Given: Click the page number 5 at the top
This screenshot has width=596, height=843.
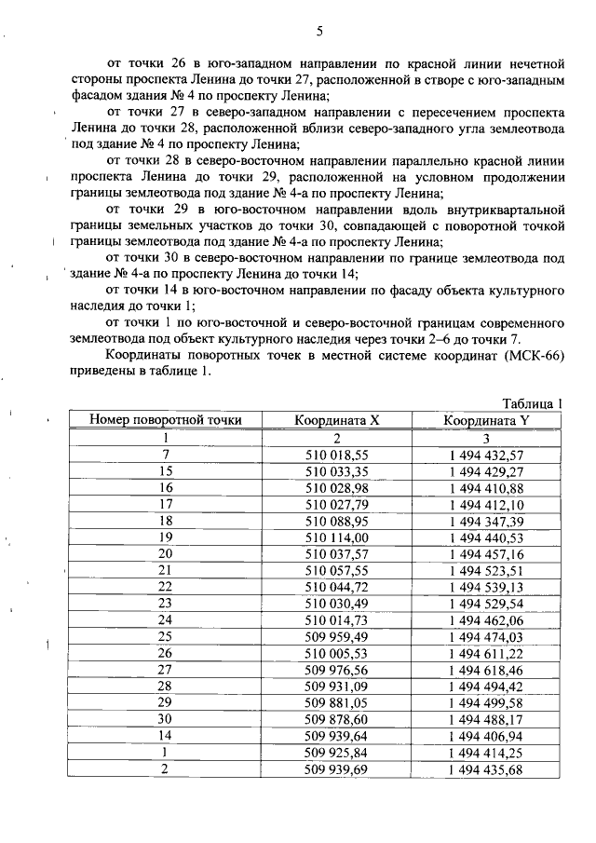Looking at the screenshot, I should [x=318, y=31].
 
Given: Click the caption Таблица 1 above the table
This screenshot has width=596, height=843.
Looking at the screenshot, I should [x=533, y=403].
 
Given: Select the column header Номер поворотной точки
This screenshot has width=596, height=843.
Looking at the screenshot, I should [x=166, y=420].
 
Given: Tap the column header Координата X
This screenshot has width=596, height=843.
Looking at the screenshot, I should [x=336, y=420].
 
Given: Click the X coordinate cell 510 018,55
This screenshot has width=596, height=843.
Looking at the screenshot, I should [x=336, y=455].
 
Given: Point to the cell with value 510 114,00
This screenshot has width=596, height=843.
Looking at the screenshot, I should [x=336, y=537].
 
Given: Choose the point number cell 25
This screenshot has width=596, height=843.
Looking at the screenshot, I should [x=166, y=637].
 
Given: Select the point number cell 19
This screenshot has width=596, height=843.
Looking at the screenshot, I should [x=166, y=537].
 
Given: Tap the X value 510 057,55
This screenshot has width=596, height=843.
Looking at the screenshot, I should [x=336, y=571].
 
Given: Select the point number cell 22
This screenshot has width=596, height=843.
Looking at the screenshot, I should [x=166, y=588].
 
